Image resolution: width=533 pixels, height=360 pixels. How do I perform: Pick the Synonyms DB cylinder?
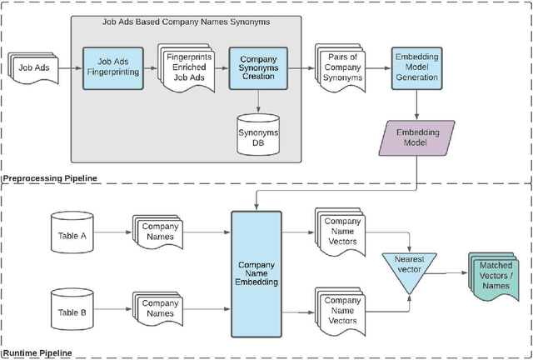point(257,132)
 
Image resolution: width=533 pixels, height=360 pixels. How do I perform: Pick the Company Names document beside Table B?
point(159,309)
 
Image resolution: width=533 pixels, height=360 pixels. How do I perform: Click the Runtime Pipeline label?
point(38,353)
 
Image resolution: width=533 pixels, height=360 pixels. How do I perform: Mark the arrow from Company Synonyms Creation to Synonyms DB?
point(257,104)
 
